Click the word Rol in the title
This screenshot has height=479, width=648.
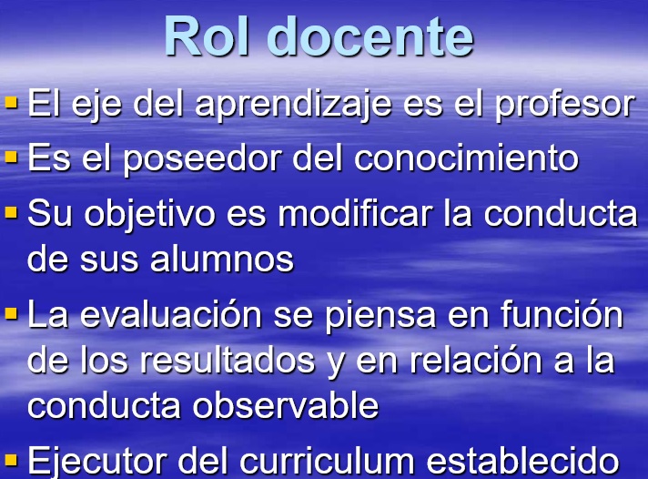coord(207,36)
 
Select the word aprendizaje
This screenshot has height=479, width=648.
coord(293,105)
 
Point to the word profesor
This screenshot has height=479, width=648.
coord(565,105)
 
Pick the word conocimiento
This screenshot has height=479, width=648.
coord(466,158)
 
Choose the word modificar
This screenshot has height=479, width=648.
coord(355,214)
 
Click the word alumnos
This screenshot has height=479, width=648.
coord(222,259)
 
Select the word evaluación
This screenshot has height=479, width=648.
coord(171,313)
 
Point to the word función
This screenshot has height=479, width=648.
coord(562,313)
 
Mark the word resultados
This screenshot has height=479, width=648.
coord(228,360)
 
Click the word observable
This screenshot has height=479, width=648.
coord(286,405)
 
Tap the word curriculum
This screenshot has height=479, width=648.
coord(327,461)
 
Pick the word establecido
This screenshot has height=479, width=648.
coord(522,461)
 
